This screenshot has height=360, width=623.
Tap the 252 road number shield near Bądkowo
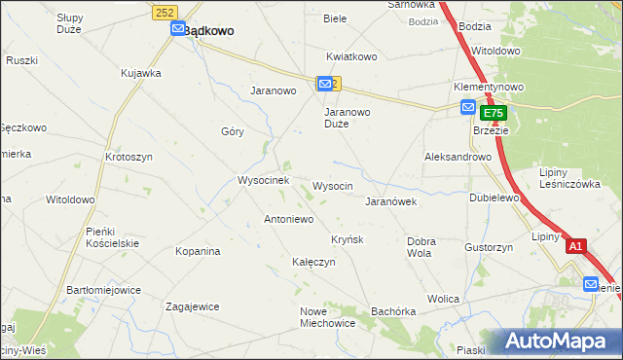(x=163, y=10)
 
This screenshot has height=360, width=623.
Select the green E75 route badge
(x=493, y=114)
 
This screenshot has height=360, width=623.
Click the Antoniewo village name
(x=288, y=219)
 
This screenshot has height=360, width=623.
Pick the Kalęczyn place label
(x=313, y=262)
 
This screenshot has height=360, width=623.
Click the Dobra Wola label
(x=421, y=246)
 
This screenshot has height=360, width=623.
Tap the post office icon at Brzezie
(x=467, y=107)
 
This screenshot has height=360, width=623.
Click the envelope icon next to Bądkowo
(x=178, y=30)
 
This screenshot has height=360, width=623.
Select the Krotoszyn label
(x=129, y=157)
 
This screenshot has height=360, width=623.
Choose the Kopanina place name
(x=198, y=251)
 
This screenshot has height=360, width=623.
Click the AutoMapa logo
(x=563, y=342)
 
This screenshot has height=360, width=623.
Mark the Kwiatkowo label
(x=351, y=56)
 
